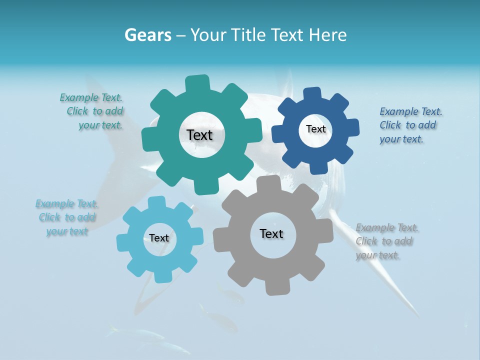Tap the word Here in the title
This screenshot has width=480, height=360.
(x=327, y=35)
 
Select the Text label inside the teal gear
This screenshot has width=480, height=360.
(x=199, y=135)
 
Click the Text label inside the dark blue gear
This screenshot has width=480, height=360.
(x=315, y=129)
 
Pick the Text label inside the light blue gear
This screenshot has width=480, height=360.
(x=159, y=238)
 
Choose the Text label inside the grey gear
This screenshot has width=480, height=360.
(x=271, y=233)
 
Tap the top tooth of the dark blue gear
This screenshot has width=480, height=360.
(x=312, y=94)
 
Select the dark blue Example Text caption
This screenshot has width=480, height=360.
(x=410, y=125)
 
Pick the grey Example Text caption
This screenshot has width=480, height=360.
(x=386, y=241)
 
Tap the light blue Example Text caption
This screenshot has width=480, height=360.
(x=67, y=217)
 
